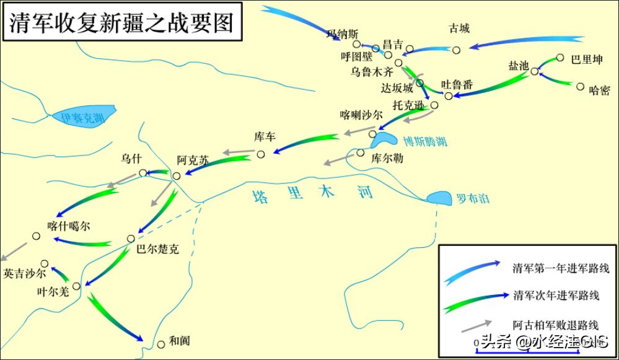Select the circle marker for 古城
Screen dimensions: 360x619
pyautogui.click(x=456, y=50)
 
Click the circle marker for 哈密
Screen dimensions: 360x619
pyautogui.click(x=581, y=87)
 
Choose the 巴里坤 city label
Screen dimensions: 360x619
pyautogui.click(x=587, y=60)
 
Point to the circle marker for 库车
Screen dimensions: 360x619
pyautogui.click(x=261, y=154)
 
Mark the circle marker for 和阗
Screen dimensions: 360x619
pyautogui.click(x=161, y=345)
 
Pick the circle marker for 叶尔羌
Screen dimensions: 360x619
pyautogui.click(x=76, y=286)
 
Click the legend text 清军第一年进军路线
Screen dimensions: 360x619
pyautogui.click(x=561, y=269)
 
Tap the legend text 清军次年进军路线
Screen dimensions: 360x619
pyautogui.click(x=556, y=296)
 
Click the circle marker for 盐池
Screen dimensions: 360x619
pyautogui.click(x=534, y=72)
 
